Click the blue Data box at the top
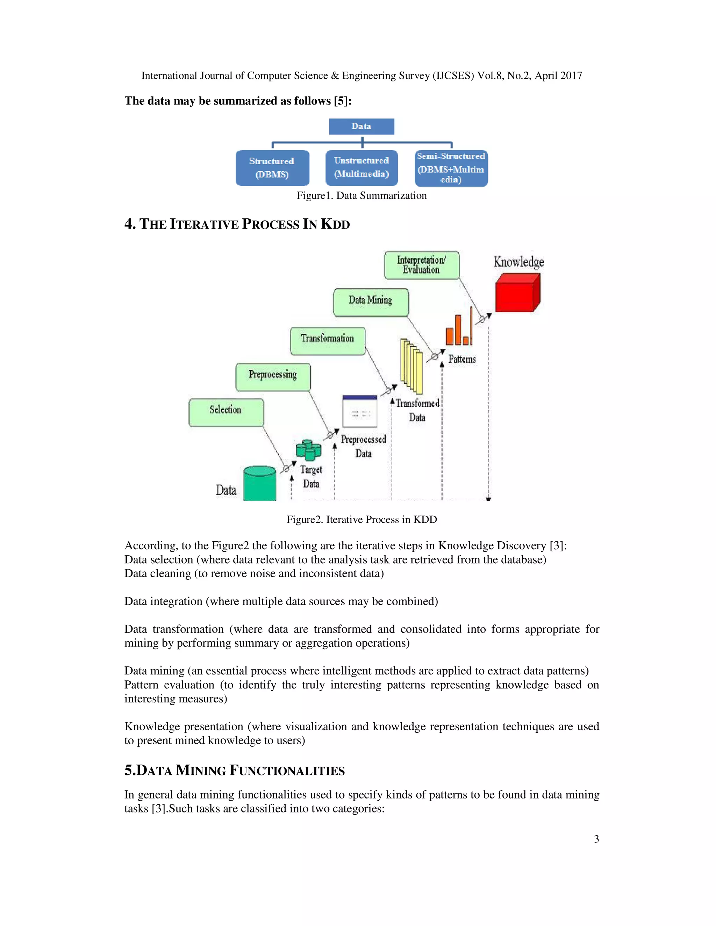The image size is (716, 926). [361, 126]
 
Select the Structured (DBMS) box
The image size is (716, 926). [272, 168]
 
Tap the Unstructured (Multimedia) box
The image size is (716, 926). [361, 167]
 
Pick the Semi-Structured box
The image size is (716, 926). [451, 168]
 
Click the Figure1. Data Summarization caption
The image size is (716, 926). [361, 195]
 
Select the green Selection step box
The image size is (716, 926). [226, 412]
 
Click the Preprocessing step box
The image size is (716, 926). [273, 376]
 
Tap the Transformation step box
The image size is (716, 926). [328, 340]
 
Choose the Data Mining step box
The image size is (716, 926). [371, 302]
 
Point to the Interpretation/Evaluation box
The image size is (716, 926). [422, 265]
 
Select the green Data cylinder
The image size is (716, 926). [260, 484]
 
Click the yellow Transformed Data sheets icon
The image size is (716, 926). [411, 367]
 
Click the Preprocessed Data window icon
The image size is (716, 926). [360, 411]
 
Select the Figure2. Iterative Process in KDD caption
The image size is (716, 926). [361, 519]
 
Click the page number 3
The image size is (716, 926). [596, 839]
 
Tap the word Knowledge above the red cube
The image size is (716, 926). [518, 262]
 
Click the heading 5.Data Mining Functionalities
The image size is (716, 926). [235, 771]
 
